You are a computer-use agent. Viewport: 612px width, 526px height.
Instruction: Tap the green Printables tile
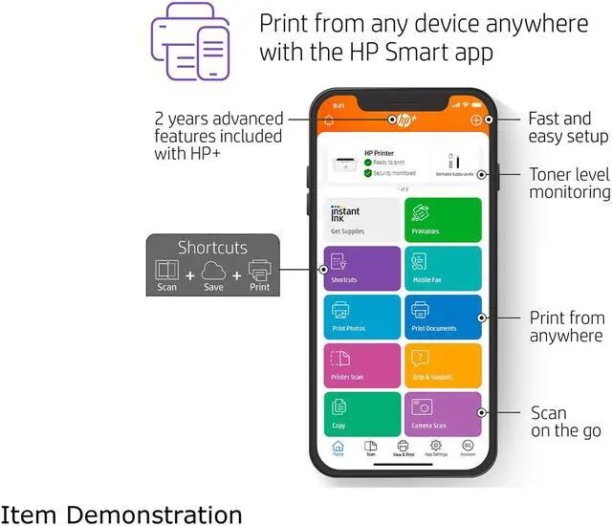coord(443,219)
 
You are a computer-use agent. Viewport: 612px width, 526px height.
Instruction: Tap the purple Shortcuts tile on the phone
coord(361,268)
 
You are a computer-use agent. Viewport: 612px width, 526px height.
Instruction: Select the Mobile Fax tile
coord(443,268)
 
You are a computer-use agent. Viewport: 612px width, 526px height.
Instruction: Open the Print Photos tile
coord(361,317)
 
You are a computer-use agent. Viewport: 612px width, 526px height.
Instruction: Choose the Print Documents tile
coord(443,317)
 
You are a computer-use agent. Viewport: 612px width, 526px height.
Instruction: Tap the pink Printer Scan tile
coord(361,365)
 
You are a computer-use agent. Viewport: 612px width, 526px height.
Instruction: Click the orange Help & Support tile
coord(443,365)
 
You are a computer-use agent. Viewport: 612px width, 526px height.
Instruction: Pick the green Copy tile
coord(361,413)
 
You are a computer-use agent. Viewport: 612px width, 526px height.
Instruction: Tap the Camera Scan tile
coord(443,413)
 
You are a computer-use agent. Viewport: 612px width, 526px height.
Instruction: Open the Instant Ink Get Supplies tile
coord(361,219)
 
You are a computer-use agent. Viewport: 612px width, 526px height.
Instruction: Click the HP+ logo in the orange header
coord(403,121)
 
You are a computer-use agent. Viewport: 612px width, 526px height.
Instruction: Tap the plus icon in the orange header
coord(476,121)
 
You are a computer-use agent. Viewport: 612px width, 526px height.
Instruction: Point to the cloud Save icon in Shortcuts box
coord(213,274)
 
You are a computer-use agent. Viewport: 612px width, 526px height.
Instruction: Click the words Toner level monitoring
coord(570,184)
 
